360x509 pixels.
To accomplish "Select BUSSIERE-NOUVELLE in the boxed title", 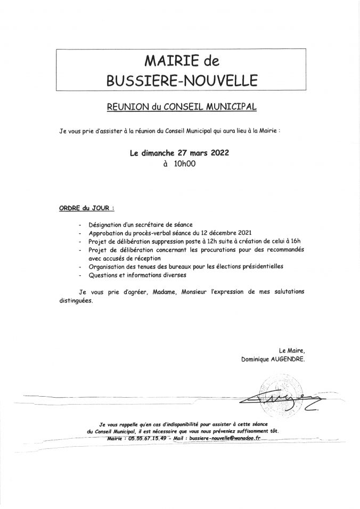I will [x=182, y=80].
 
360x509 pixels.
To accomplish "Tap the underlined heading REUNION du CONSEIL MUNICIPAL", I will [x=182, y=107].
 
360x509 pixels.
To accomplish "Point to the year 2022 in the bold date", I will [x=218, y=152].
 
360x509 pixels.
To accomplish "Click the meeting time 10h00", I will [x=182, y=165].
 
